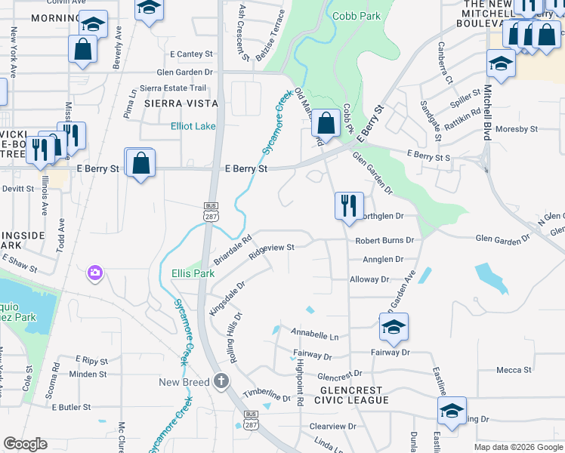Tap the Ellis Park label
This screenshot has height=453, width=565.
[187, 273]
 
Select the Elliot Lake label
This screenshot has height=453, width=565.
[193, 126]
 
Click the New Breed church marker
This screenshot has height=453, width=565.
[221, 381]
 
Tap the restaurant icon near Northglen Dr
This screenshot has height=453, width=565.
[349, 205]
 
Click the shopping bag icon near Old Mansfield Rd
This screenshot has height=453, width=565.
[326, 122]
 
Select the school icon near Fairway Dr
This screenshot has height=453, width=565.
[394, 327]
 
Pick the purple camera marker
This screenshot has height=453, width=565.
[94, 273]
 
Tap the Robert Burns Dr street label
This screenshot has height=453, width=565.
[385, 240]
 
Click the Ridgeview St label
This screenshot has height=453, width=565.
[270, 247]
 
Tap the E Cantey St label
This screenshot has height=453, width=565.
[192, 54]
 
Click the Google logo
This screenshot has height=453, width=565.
[26, 444]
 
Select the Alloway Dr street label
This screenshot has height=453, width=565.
[369, 279]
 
